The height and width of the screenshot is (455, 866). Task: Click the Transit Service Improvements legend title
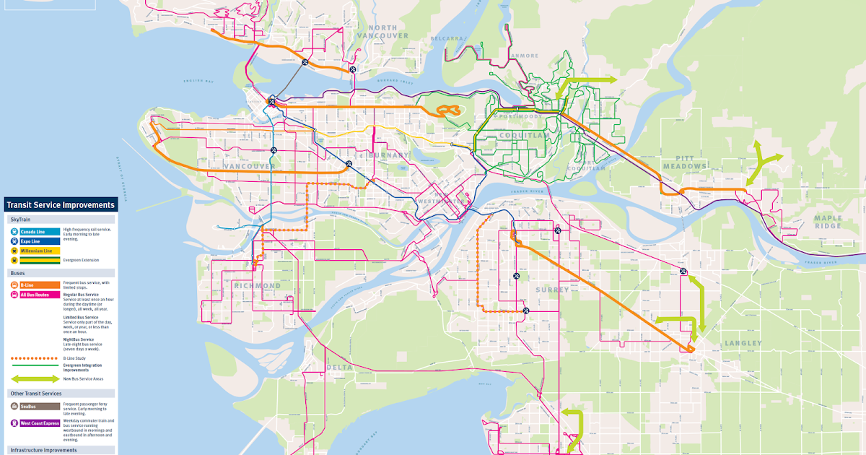pyautogui.click(x=60, y=205)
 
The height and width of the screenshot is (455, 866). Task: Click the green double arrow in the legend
pyautogui.click(x=35, y=378)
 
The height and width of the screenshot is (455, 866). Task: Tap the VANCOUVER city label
pyautogui.click(x=249, y=166)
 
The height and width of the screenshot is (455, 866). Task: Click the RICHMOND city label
pyautogui.click(x=257, y=286)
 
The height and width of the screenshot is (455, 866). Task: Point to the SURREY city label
pyautogui.click(x=552, y=290)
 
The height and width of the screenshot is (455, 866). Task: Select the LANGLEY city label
pyautogui.click(x=743, y=344)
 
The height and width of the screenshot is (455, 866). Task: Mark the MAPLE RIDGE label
pyautogui.click(x=828, y=222)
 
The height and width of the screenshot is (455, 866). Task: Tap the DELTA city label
pyautogui.click(x=340, y=368)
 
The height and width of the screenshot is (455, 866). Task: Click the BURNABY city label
pyautogui.click(x=389, y=155)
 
